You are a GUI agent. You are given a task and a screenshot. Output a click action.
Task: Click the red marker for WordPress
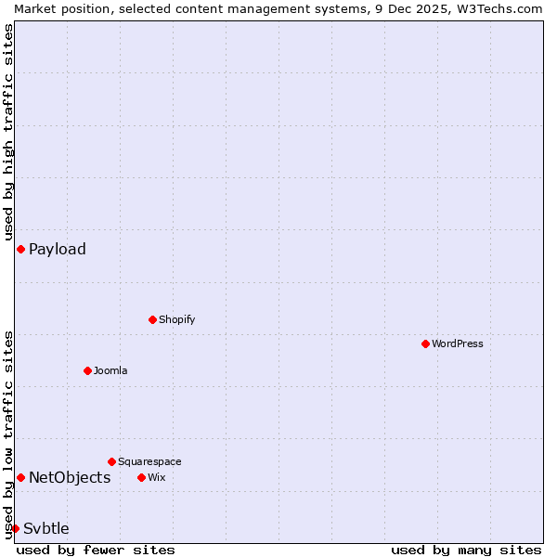coord(425,343)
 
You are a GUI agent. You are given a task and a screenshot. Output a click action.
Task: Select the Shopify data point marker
coord(152,319)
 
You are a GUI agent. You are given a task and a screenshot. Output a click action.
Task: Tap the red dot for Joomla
coord(87,370)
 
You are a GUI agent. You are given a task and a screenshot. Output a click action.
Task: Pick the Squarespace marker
coord(111,461)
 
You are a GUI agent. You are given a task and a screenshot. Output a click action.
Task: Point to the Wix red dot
coord(141,477)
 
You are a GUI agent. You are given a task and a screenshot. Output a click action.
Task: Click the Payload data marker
coord(20,249)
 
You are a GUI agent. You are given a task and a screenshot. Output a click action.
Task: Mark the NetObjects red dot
coord(20,477)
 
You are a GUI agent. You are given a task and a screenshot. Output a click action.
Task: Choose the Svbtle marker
coord(15,528)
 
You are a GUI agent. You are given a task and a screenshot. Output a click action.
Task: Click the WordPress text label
coord(458,343)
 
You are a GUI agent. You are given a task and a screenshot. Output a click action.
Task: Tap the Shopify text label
coord(177,319)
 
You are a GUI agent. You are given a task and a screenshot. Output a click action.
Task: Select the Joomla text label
coord(110,370)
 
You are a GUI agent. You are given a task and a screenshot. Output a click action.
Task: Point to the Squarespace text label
coord(149,461)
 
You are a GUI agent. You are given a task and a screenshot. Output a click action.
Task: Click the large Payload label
coord(58,249)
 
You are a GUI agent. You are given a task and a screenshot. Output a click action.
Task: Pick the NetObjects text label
coord(70,477)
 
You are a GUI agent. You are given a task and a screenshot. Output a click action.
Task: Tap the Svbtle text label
coord(46,528)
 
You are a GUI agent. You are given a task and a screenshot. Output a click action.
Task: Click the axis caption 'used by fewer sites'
coord(96,550)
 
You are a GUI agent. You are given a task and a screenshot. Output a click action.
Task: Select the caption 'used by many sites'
coord(466,550)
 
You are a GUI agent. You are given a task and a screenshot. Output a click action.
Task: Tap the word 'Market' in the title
coord(34,8)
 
